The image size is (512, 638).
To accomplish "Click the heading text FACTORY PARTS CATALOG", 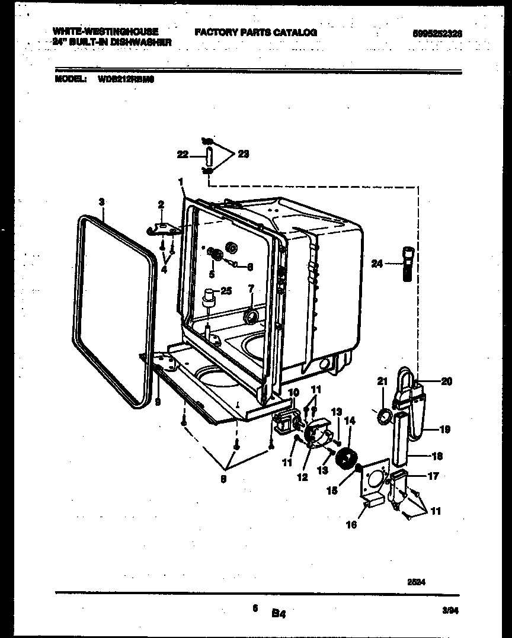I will [255, 32].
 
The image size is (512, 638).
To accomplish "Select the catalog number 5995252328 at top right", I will [437, 34].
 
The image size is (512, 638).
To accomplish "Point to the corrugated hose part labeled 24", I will [408, 263].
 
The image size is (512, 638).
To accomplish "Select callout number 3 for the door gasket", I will [102, 201].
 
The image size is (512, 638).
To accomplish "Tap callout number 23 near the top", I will [242, 154].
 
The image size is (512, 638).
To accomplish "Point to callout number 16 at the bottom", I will [351, 524].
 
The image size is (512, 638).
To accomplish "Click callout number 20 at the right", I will [446, 381].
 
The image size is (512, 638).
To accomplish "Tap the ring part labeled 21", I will [385, 417].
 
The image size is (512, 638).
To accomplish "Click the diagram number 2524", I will [417, 582].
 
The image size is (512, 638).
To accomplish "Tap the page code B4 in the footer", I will [279, 615].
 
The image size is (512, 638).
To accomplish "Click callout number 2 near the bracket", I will [160, 204].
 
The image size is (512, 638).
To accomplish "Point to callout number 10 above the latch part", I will [293, 392].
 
